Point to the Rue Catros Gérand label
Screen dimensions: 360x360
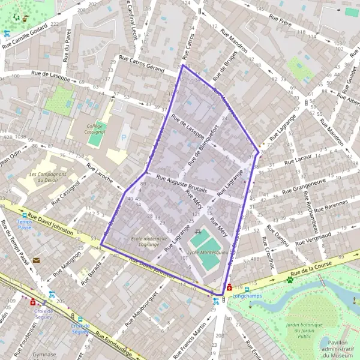(142, 64)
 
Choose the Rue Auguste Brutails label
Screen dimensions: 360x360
(181, 183)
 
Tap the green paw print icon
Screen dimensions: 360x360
(290, 280)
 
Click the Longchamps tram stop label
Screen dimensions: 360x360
(244, 295)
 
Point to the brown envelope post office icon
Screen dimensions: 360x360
(37, 260)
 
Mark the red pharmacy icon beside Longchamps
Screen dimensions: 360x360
(229, 287)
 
